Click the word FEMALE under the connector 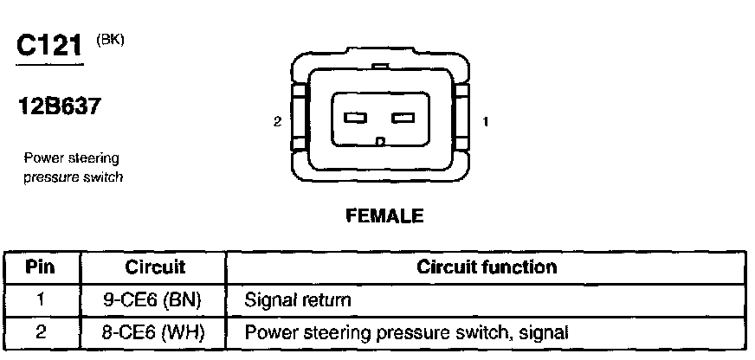tap(385, 216)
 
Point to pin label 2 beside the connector tap(277, 122)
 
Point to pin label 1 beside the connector tap(485, 122)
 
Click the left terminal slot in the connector tap(357, 119)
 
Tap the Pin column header tap(41, 267)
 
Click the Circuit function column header tap(487, 267)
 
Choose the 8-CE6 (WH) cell tap(152, 331)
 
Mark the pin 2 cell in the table tap(41, 331)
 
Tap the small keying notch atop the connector tap(378, 65)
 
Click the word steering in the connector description tap(95, 157)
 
